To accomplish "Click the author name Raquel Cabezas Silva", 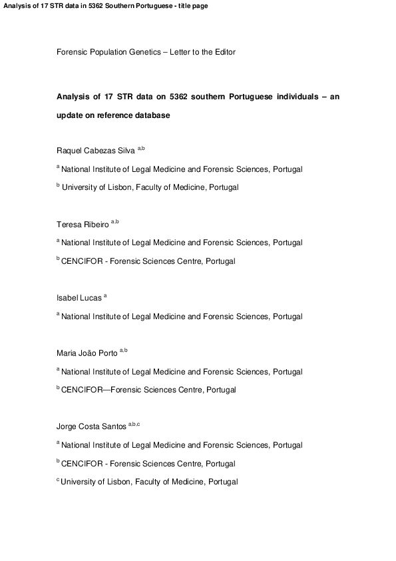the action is [96, 151].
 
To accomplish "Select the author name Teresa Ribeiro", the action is [83, 225].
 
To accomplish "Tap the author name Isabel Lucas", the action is [79, 298].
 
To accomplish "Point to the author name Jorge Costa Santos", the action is [91, 426].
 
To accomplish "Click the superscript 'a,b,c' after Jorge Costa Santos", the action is [134, 424].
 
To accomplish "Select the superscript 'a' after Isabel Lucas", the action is [105, 295].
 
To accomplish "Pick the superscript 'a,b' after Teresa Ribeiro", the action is [115, 222].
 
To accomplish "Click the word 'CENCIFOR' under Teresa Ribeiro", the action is [81, 261].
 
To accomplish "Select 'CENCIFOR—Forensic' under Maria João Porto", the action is [99, 390].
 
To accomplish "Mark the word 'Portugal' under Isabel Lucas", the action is [287, 316].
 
